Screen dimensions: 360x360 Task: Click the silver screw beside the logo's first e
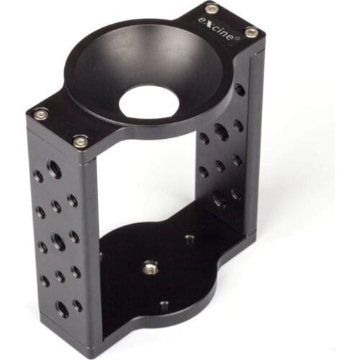[211, 9]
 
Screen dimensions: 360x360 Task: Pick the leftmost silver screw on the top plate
[40, 114]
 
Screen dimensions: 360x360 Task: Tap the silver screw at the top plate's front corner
[80, 141]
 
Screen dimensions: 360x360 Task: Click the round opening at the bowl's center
[148, 102]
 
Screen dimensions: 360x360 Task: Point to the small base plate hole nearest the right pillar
[189, 238]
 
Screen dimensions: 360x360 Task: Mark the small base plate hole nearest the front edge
[164, 305]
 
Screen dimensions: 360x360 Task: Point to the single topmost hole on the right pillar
[239, 90]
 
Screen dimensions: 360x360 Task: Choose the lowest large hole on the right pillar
[220, 199]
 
